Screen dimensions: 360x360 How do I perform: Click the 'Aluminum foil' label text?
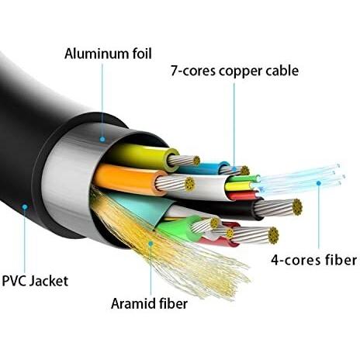pyautogui.click(x=108, y=54)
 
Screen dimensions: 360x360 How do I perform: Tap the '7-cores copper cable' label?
pyautogui.click(x=234, y=71)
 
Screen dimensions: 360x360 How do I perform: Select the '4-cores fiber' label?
pyautogui.click(x=313, y=260)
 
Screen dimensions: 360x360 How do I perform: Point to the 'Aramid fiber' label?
pyautogui.click(x=149, y=303)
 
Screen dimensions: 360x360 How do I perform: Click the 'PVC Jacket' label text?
pyautogui.click(x=35, y=281)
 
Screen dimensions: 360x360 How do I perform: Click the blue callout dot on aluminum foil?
pyautogui.click(x=102, y=140)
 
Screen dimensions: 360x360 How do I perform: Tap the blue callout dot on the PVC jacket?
pyautogui.click(x=25, y=207)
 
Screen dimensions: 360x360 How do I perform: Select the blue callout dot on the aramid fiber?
pyautogui.click(x=151, y=243)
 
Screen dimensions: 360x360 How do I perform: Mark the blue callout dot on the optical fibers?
pyautogui.click(x=319, y=183)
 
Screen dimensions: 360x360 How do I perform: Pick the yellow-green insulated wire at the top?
pyautogui.click(x=142, y=156)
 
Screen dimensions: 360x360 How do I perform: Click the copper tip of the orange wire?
pyautogui.click(x=190, y=184)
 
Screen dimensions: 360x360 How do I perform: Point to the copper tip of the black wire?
pyautogui.click(x=297, y=207)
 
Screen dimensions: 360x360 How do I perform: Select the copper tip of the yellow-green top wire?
pyautogui.click(x=196, y=161)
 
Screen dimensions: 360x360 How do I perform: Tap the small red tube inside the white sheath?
pyautogui.click(x=243, y=196)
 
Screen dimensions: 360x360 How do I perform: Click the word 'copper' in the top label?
pyautogui.click(x=240, y=71)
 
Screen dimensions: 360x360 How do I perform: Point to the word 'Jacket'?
pyautogui.click(x=49, y=281)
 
